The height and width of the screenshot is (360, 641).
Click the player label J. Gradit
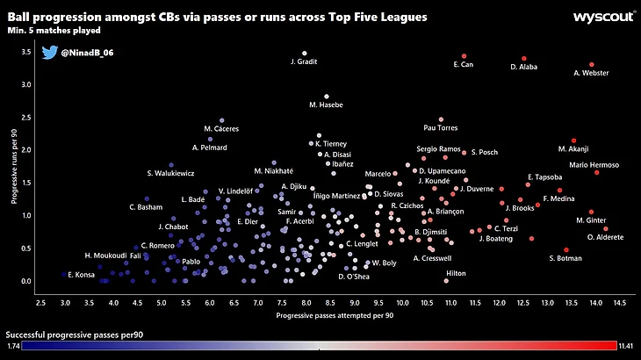(304, 62)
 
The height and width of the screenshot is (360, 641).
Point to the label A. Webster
(591, 73)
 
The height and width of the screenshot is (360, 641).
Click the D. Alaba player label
(524, 66)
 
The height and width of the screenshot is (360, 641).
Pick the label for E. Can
(464, 64)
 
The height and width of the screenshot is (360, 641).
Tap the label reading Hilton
(456, 273)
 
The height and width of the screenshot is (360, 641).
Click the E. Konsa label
(79, 275)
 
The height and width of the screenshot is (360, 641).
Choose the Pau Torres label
(441, 127)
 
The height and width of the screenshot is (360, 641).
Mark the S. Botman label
(565, 257)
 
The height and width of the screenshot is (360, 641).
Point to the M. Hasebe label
(326, 105)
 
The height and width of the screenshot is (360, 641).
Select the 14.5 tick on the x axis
(620, 302)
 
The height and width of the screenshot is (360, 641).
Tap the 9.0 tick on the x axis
(354, 302)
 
